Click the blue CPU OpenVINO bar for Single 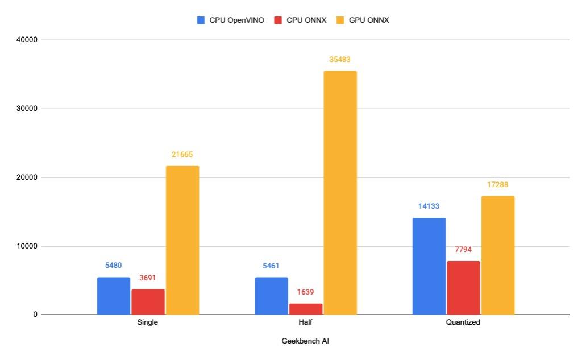tap(114, 296)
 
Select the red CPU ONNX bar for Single tap(148, 302)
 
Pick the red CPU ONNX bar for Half tap(306, 309)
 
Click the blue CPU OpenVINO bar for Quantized tap(429, 266)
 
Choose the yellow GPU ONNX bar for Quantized tap(497, 255)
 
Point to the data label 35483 tap(340, 59)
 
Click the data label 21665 tap(182, 155)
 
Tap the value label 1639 tap(306, 292)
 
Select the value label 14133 tap(429, 206)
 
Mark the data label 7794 tap(463, 250)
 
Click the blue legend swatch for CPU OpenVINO tap(201, 20)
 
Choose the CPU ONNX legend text tap(306, 20)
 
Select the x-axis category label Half tap(306, 322)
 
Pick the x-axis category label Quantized tap(463, 322)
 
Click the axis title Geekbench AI tap(305, 342)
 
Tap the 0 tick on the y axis tap(35, 315)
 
